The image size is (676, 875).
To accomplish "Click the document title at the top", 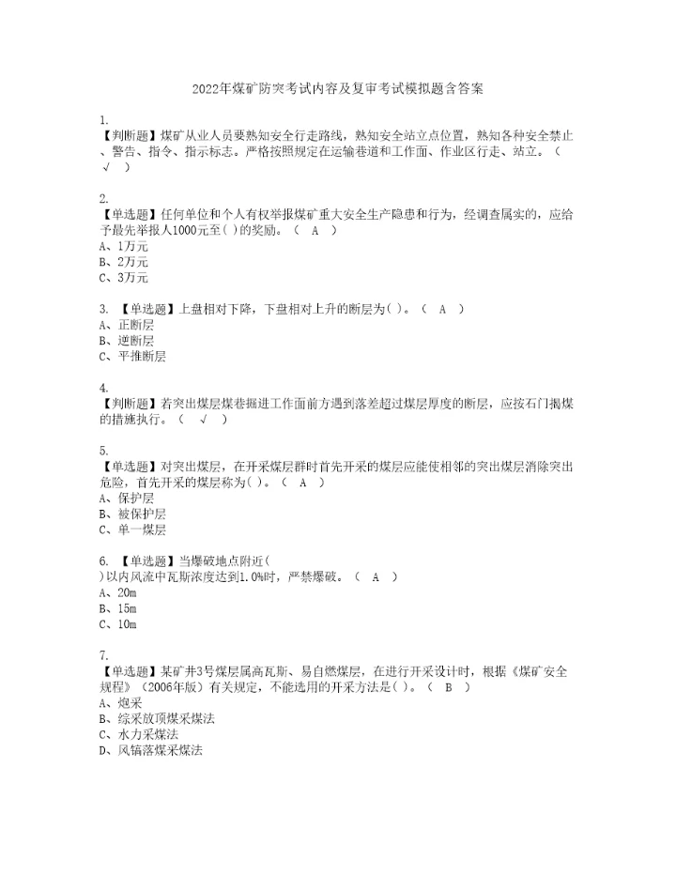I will (x=337, y=90).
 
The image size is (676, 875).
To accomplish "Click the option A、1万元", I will (x=123, y=246).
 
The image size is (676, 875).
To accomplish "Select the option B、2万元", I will (x=123, y=262).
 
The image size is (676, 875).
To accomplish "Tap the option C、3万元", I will (x=123, y=278).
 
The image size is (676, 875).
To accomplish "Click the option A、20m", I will (x=117, y=593).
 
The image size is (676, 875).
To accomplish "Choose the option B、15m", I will (x=117, y=609).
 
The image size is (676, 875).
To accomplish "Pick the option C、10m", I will (x=117, y=625).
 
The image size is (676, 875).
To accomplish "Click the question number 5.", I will (x=101, y=451).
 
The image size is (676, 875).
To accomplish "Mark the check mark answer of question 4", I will (x=203, y=420).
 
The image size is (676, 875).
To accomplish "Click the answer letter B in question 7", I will (x=448, y=687).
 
